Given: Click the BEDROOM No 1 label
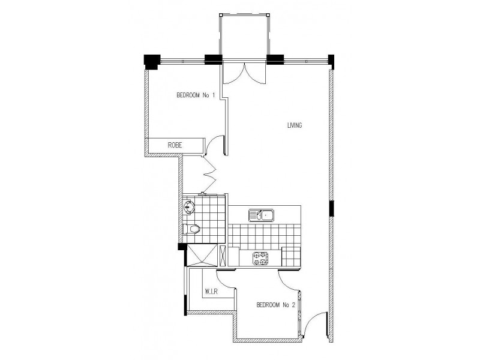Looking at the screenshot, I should point(195,95).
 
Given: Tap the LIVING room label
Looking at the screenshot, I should point(293,125).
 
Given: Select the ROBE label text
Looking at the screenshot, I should point(175,145).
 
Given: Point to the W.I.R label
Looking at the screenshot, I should point(211,292).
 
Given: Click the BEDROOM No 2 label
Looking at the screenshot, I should point(277,305).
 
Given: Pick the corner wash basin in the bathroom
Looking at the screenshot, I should point(189,208).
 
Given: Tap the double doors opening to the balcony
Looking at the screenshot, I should point(243,74).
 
